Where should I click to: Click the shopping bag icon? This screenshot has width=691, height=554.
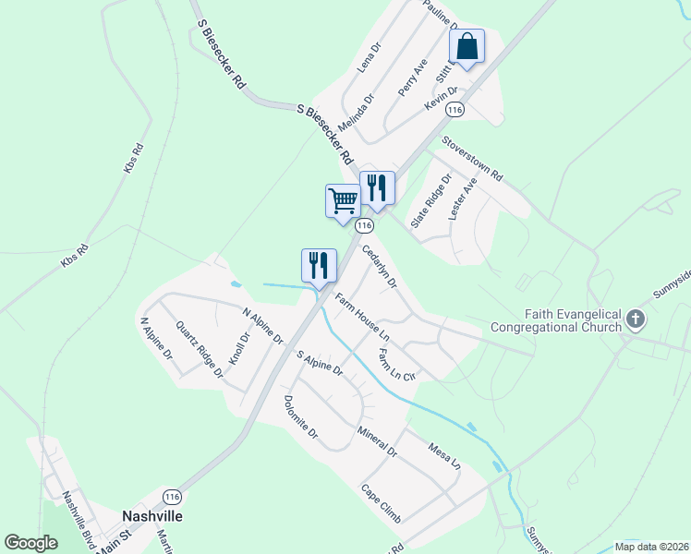pyautogui.click(x=467, y=46)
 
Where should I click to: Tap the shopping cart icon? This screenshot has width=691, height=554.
pyautogui.click(x=343, y=200)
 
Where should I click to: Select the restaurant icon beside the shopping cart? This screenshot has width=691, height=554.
pyautogui.click(x=377, y=187)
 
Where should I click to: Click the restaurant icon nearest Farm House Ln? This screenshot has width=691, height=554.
pyautogui.click(x=314, y=265)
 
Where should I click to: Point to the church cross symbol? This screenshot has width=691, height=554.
pyautogui.click(x=636, y=319)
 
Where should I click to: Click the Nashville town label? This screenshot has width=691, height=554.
pyautogui.click(x=152, y=515)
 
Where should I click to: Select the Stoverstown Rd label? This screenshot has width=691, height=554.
pyautogui.click(x=471, y=159)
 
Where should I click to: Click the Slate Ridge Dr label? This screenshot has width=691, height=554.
pyautogui.click(x=431, y=201)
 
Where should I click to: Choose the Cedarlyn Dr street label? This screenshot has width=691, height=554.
pyautogui.click(x=379, y=264)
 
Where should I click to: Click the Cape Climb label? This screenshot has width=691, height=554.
pyautogui.click(x=381, y=503)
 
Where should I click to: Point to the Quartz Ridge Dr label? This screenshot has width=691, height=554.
pyautogui.click(x=199, y=349)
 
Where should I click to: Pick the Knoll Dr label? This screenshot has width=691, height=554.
pyautogui.click(x=239, y=348)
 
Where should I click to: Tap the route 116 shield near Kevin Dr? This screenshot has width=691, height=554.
pyautogui.click(x=454, y=109)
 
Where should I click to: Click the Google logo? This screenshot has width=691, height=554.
pyautogui.click(x=31, y=543)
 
